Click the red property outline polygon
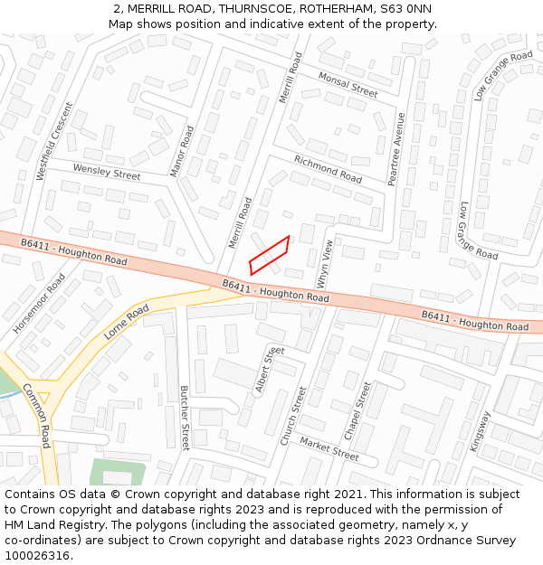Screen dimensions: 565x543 coord(270,255)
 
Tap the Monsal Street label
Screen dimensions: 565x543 coord(348,85)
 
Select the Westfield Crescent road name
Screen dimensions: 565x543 coord(53,141)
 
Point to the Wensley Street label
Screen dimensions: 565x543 coord(107,172)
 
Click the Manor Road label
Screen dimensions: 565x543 coord(182,151)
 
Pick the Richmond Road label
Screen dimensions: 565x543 coord(328,169)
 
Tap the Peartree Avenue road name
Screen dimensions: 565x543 coord(396,149)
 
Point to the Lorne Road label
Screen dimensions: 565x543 coord(126,322)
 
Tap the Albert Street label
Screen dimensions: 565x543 coord(270,370)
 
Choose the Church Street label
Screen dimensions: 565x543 coord(293,416)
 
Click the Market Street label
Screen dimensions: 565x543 coord(329,448)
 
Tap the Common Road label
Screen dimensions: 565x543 coord(37,416)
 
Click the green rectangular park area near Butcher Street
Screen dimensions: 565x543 coord(116,472)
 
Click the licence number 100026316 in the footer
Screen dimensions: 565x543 coord(39,555)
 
